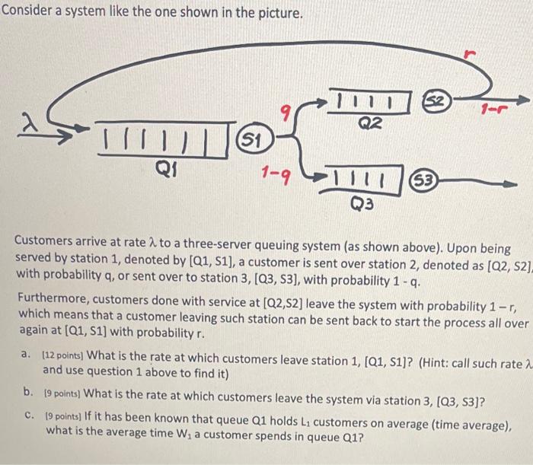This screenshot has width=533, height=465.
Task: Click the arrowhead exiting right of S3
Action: [x=509, y=183]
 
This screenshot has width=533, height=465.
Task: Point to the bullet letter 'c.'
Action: [x=28, y=416]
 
